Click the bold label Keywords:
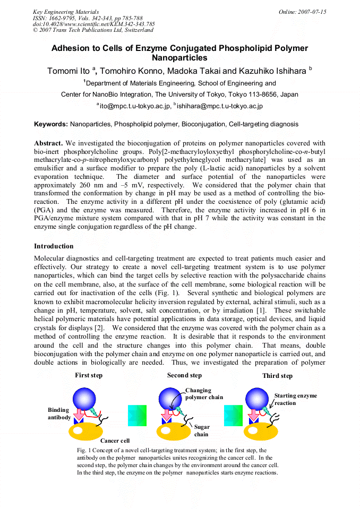(51, 124)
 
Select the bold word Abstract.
(48, 143)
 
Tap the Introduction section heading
(55, 246)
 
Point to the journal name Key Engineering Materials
(66, 12)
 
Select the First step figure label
(89, 376)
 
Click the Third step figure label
(277, 376)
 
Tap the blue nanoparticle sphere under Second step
(172, 399)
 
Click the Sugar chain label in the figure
(202, 430)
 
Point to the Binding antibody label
(59, 414)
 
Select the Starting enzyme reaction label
(295, 399)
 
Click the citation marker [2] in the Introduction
(98, 327)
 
